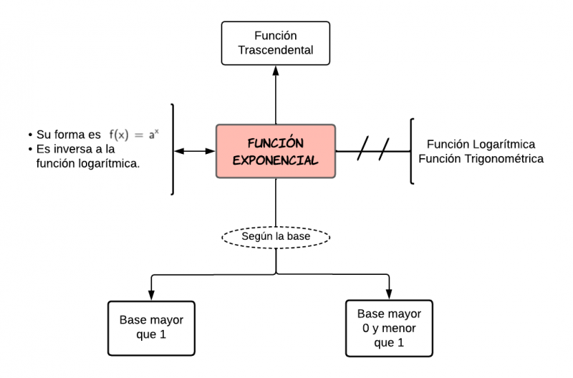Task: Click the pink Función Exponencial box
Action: coord(276,151)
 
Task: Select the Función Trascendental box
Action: coord(276,44)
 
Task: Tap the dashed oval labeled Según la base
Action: coord(276,236)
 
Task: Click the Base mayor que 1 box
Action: coord(151,327)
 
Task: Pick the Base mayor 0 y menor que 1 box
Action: coord(390,328)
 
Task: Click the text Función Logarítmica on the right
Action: coord(481,144)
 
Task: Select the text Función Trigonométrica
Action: coord(485,159)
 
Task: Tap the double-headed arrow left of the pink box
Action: coord(195,151)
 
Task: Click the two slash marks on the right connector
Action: coord(373,151)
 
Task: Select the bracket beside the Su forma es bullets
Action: coord(172,149)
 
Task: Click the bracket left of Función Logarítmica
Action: coord(411,151)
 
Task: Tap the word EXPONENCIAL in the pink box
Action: coord(276,160)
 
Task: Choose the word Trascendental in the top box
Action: coord(276,51)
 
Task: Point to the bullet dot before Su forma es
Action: coord(30,135)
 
